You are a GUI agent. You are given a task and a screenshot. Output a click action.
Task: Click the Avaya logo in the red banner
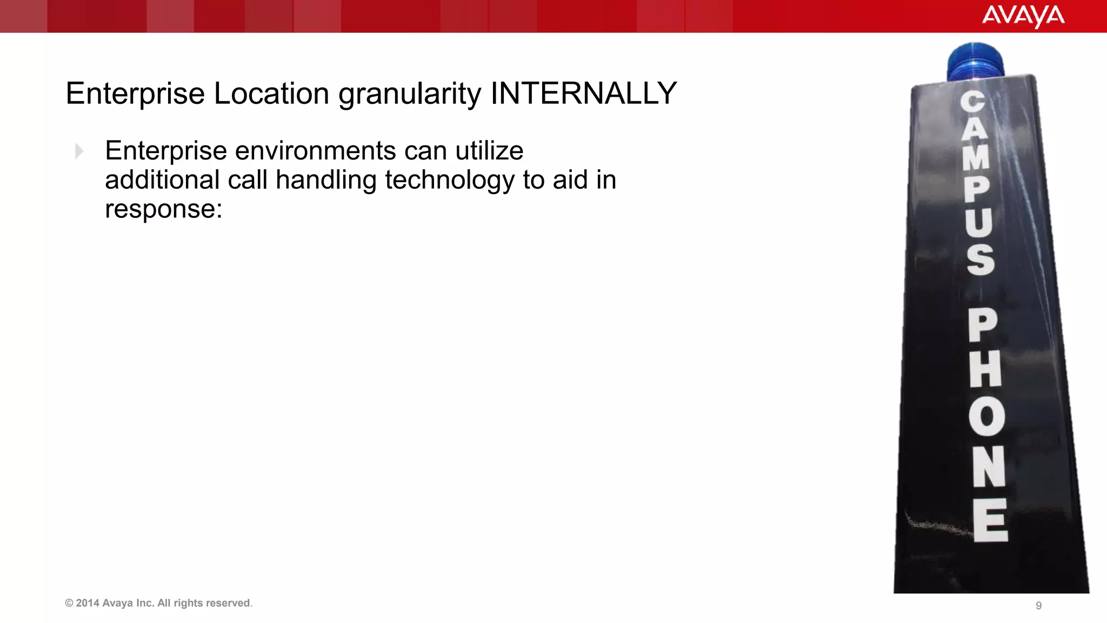tap(1023, 16)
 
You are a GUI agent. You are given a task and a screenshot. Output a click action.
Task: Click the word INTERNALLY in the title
tap(583, 93)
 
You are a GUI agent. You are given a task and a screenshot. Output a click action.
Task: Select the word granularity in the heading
tap(410, 94)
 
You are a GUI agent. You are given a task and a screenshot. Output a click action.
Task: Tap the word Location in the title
tap(271, 93)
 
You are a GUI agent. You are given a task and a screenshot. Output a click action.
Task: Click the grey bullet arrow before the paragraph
tap(79, 151)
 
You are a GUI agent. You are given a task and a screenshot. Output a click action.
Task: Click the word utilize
tap(489, 150)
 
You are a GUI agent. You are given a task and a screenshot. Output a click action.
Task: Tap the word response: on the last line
tap(164, 209)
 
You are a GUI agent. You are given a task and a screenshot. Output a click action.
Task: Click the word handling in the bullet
tap(326, 180)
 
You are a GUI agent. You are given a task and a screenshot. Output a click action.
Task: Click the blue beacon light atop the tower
tap(975, 62)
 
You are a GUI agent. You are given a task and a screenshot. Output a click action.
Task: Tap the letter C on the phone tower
tap(972, 102)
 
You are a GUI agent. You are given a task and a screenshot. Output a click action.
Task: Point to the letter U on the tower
tap(979, 222)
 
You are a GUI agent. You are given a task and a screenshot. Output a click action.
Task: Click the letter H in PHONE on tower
tap(985, 369)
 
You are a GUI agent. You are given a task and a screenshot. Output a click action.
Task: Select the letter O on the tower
tap(986, 416)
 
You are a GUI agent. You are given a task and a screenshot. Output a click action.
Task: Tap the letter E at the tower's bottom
tap(990, 520)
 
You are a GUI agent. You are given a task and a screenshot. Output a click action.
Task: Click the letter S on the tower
tap(981, 259)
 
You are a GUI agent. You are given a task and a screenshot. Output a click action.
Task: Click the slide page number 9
tap(1038, 606)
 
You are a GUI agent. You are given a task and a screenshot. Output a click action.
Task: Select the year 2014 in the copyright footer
tap(87, 603)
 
